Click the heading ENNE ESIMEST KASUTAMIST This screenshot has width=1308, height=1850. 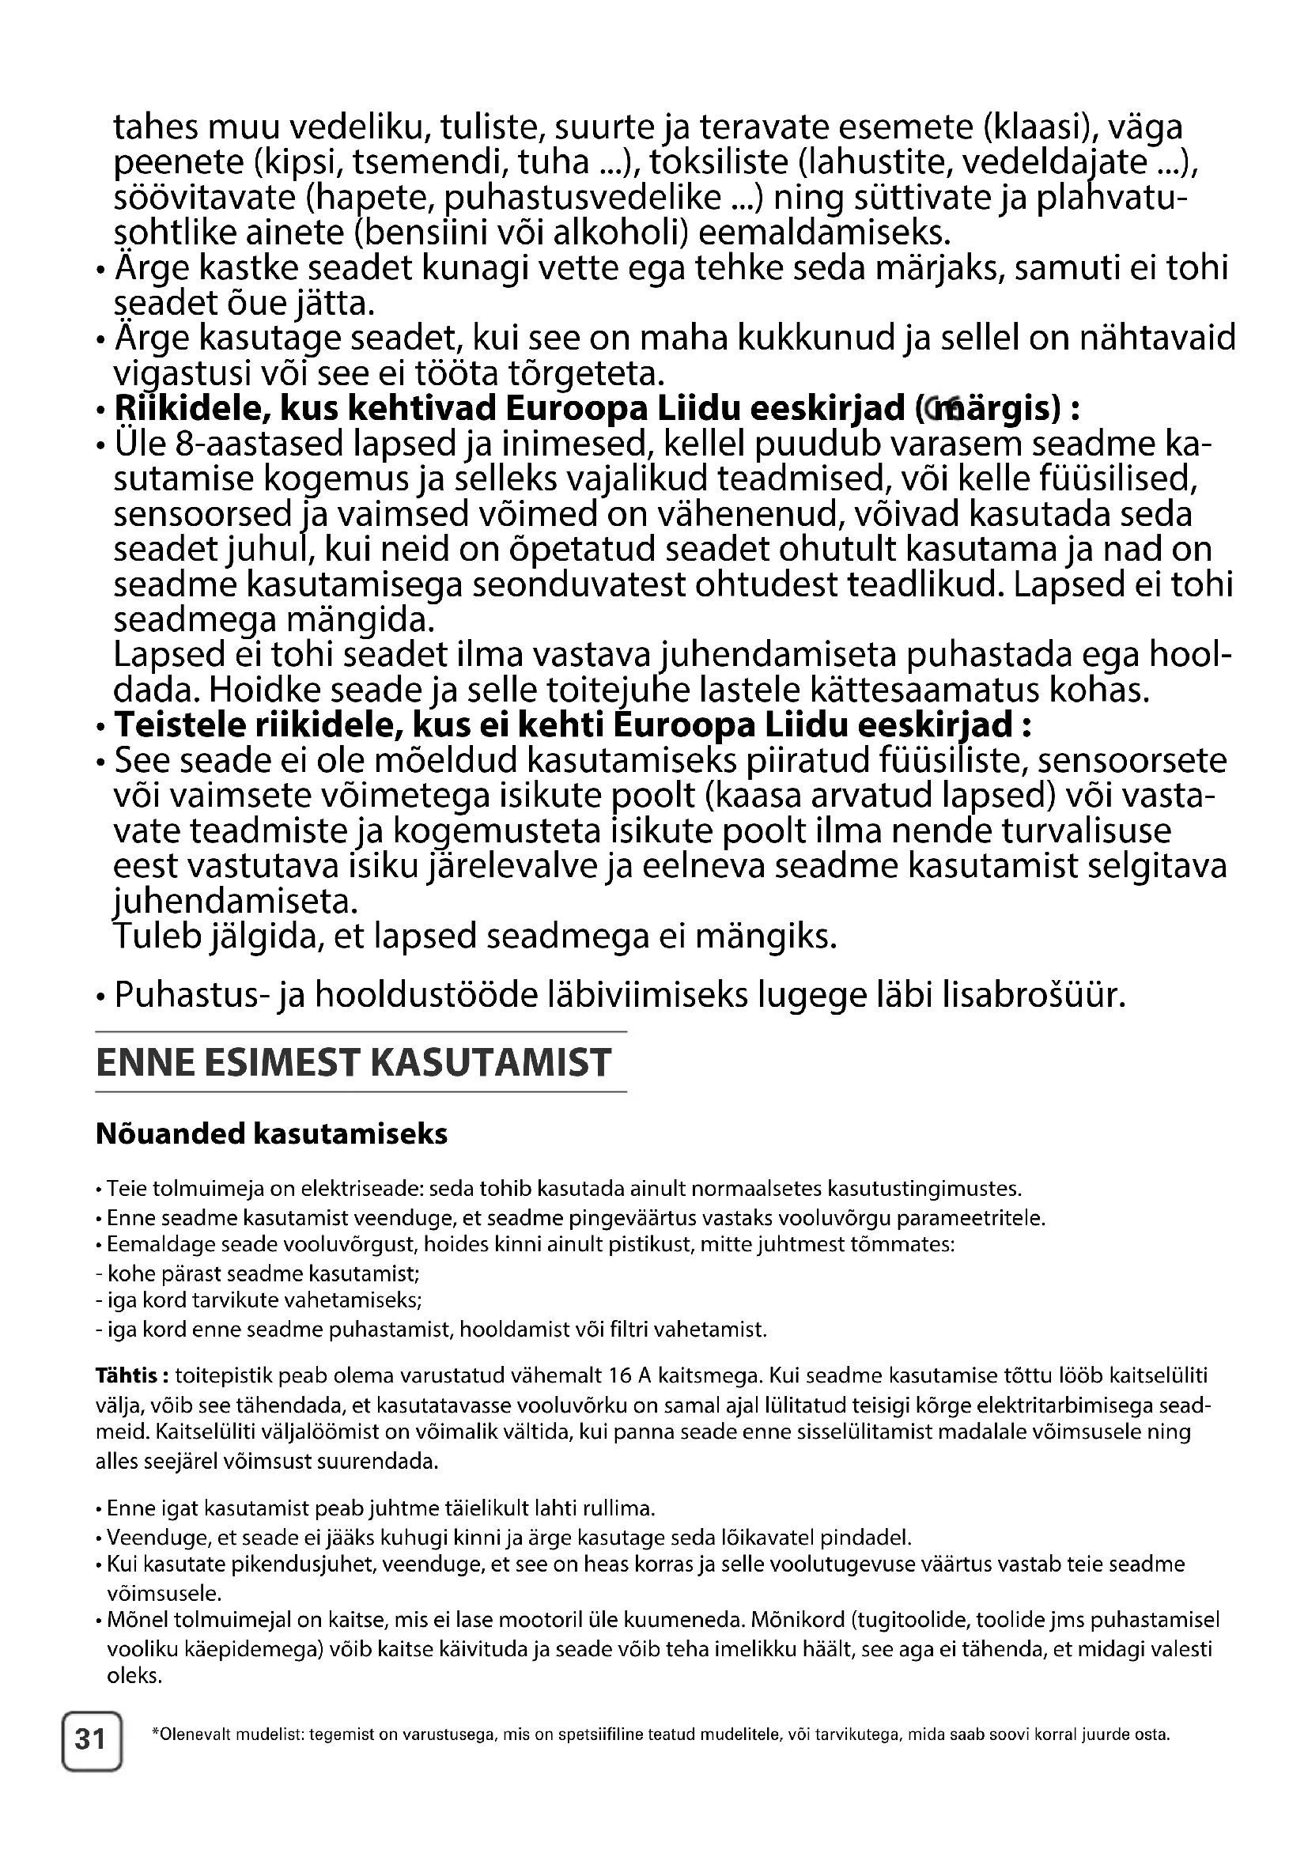(x=353, y=1062)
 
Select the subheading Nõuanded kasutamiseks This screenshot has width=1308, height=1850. (x=271, y=1133)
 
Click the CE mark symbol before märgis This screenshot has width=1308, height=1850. (x=938, y=410)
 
